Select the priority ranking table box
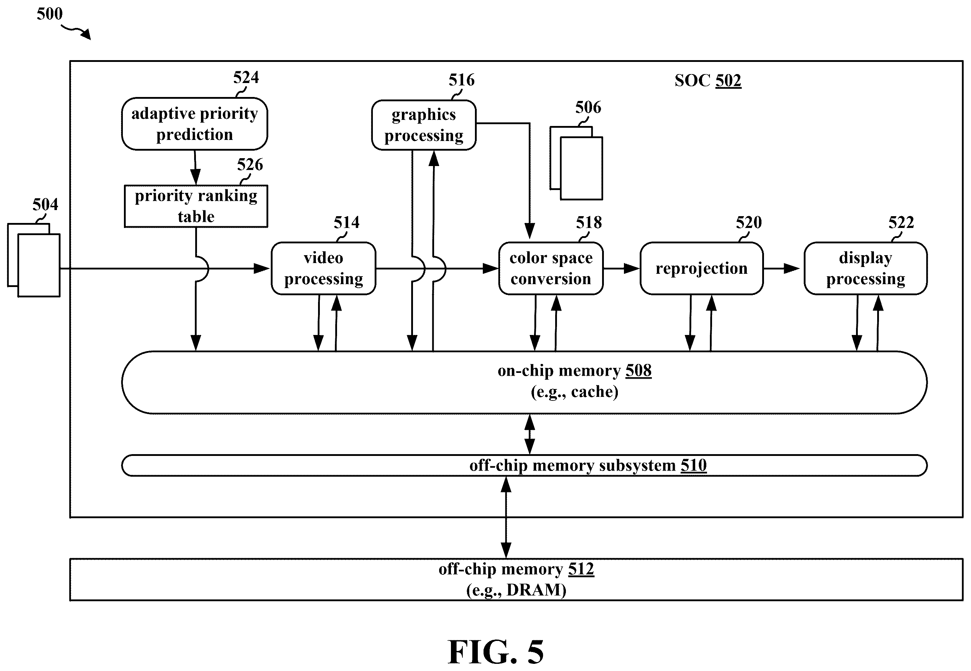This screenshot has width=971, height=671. tap(196, 206)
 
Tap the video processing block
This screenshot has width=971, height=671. tap(323, 268)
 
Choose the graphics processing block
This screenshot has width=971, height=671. tap(424, 125)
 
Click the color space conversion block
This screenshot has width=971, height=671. tap(551, 268)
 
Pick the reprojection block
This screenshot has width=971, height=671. tap(701, 268)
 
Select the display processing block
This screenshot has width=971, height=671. tap(865, 268)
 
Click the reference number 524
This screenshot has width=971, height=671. tap(246, 77)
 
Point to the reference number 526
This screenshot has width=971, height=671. tap(250, 164)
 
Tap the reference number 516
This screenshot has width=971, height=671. tap(462, 80)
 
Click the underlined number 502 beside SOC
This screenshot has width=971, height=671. tap(728, 80)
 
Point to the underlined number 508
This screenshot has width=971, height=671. tap(639, 370)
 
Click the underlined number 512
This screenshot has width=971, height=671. tap(581, 569)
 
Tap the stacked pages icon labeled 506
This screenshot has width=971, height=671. tap(576, 163)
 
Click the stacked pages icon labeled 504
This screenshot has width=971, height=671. tap(34, 260)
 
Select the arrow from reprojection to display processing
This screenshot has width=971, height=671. tap(781, 268)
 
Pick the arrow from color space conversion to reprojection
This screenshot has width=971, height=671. tap(621, 268)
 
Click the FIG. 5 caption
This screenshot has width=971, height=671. tap(496, 651)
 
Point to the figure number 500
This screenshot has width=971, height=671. tap(50, 14)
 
